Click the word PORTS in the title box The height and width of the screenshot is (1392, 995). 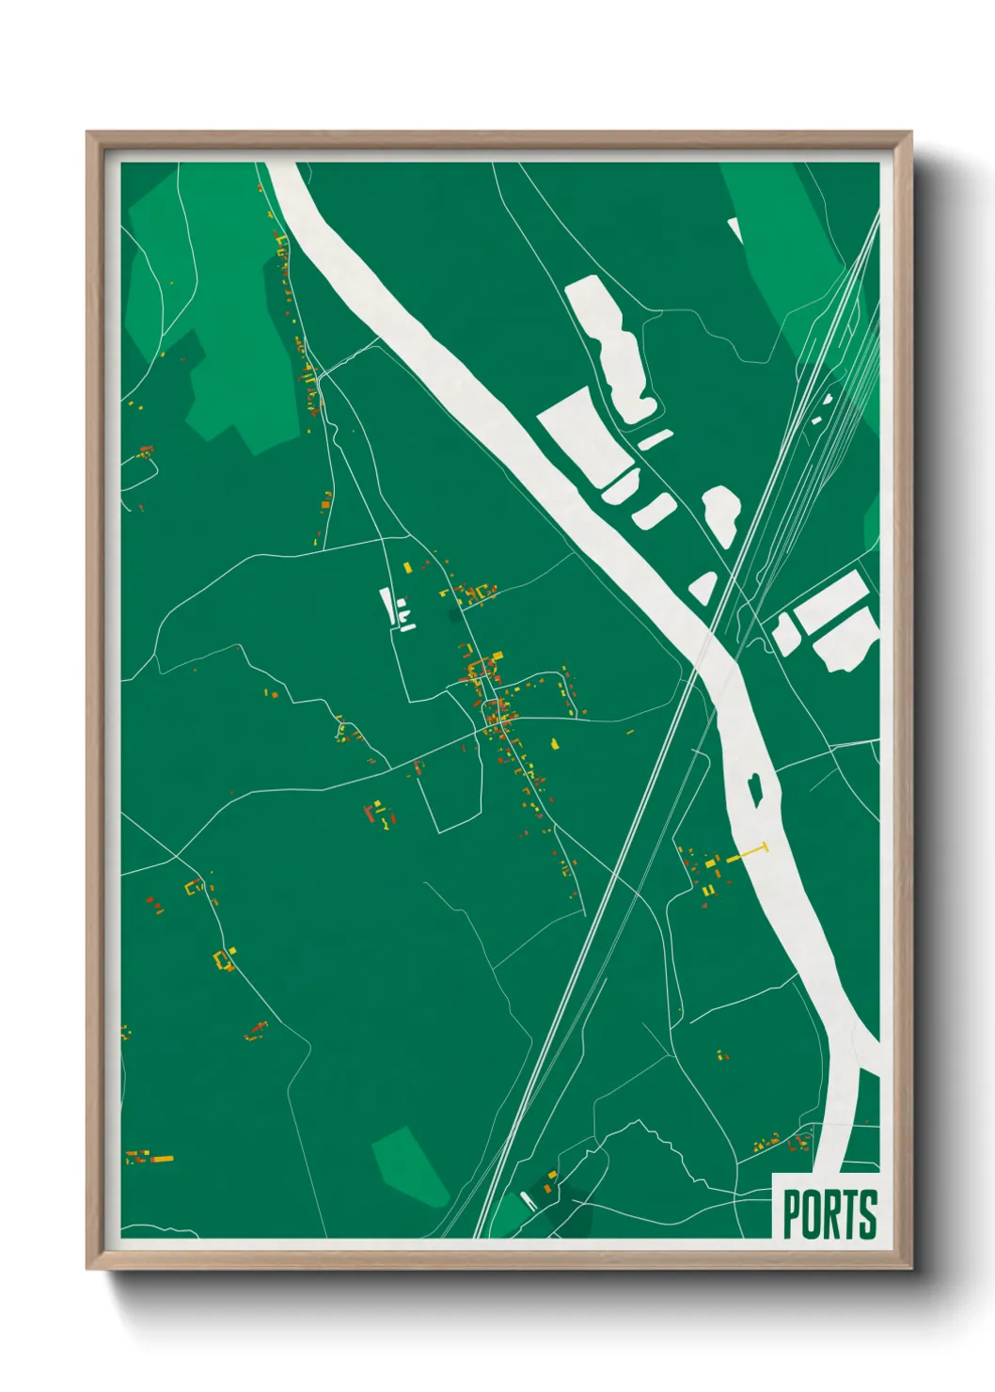[829, 1214]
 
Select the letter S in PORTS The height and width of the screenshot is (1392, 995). [868, 1214]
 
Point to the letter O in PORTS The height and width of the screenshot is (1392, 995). [811, 1214]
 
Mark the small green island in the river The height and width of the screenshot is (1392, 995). [754, 788]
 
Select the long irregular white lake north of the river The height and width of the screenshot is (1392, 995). [614, 346]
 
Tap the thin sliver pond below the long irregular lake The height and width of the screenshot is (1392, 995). [655, 439]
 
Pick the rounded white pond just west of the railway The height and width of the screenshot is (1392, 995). [721, 514]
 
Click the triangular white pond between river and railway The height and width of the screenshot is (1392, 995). [703, 588]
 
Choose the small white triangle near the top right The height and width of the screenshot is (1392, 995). [735, 229]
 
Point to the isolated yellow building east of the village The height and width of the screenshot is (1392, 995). [555, 744]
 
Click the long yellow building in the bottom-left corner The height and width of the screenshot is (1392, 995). [162, 1158]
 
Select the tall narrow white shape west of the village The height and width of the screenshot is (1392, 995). [387, 604]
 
